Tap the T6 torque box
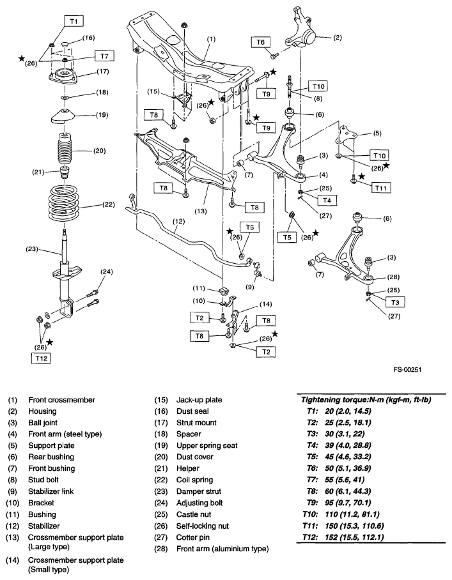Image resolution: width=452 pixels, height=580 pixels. point(259,42)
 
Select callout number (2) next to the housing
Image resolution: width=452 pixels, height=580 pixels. point(338,37)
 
